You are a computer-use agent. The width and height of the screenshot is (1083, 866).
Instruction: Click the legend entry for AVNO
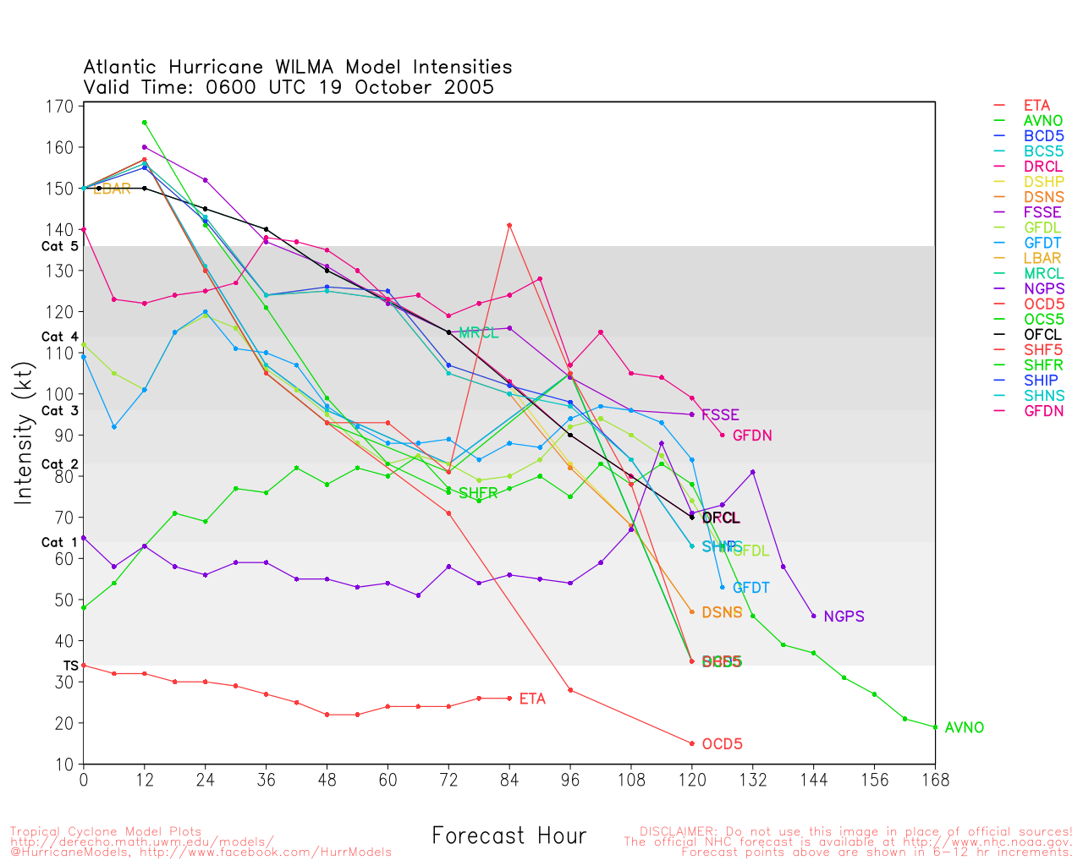coord(1042,121)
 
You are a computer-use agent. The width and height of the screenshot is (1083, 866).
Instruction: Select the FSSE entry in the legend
coord(1042,212)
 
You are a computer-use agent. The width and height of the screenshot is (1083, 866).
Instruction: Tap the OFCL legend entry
coord(1042,335)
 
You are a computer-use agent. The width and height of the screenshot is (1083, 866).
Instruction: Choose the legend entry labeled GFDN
coord(1043,411)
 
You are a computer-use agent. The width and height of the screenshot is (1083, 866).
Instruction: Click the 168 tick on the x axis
coord(935,780)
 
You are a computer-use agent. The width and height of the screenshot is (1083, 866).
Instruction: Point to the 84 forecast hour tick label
coord(509,780)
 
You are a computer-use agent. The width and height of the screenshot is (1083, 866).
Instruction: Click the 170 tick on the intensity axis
coord(60,107)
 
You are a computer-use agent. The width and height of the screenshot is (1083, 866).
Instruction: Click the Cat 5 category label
coord(59,246)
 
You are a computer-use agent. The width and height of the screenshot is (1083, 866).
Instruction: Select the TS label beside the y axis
coord(70,666)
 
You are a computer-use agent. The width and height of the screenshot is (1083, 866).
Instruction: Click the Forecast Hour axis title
coord(509,836)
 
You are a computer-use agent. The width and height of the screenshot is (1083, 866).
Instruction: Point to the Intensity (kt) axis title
coord(24,434)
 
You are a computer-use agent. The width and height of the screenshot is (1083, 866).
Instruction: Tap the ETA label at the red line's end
coord(532,699)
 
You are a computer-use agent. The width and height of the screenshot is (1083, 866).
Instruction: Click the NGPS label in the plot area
coord(844,617)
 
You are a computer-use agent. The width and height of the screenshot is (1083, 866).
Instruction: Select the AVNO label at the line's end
coord(964,727)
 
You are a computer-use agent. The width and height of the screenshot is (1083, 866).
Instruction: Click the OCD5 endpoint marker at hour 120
coord(692,743)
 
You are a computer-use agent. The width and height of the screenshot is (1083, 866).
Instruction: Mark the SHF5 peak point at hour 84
coord(509,225)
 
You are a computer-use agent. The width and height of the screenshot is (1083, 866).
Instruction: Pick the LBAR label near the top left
coord(112,189)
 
